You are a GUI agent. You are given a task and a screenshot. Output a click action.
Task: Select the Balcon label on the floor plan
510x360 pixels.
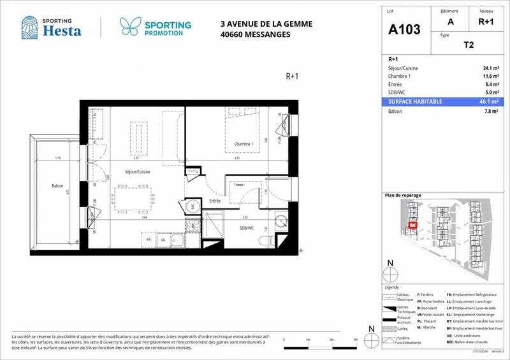pos(57,185)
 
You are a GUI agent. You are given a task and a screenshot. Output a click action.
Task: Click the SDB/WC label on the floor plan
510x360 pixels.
pos(247,227)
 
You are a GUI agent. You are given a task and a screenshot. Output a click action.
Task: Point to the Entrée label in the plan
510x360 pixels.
pos(214,201)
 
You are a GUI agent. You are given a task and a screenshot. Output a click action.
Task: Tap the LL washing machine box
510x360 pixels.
pos(163,240)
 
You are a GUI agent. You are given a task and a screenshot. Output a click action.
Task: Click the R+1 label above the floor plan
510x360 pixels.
pos(292,76)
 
